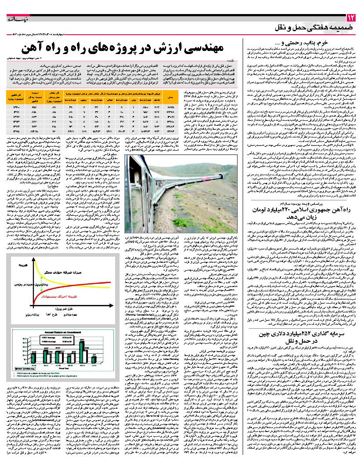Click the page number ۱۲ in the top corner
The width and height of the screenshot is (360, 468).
(x=350, y=18)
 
